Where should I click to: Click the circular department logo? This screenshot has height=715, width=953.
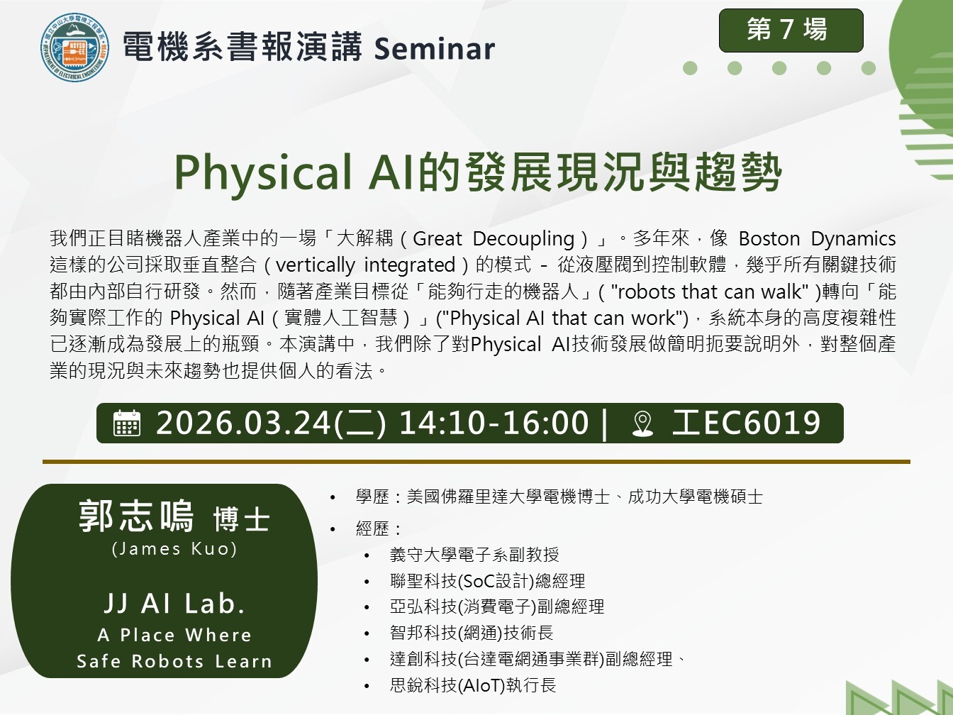tap(74, 47)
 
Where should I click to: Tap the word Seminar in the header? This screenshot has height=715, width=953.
tap(434, 48)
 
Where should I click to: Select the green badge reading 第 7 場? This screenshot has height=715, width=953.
tap(791, 31)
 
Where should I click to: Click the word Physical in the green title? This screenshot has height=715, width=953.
tap(263, 172)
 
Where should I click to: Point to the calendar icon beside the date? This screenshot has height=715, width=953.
tap(127, 423)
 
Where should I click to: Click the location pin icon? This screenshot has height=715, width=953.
tap(642, 423)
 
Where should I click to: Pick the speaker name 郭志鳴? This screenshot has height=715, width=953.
tap(136, 516)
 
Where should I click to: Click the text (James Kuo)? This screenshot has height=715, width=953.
tap(174, 549)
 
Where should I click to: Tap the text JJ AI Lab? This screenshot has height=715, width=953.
tap(174, 604)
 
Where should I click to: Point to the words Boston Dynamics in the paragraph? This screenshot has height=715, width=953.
tap(817, 239)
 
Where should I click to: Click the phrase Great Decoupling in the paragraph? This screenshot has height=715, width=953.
tap(494, 239)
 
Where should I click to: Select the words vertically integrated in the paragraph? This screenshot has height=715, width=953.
tap(365, 265)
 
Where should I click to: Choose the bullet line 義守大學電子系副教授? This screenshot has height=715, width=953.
tap(474, 555)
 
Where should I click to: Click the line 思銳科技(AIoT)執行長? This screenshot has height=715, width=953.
tap(473, 685)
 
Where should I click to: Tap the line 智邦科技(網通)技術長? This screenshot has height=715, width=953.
tap(472, 633)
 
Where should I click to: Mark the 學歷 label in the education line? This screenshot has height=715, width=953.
tap(372, 497)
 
